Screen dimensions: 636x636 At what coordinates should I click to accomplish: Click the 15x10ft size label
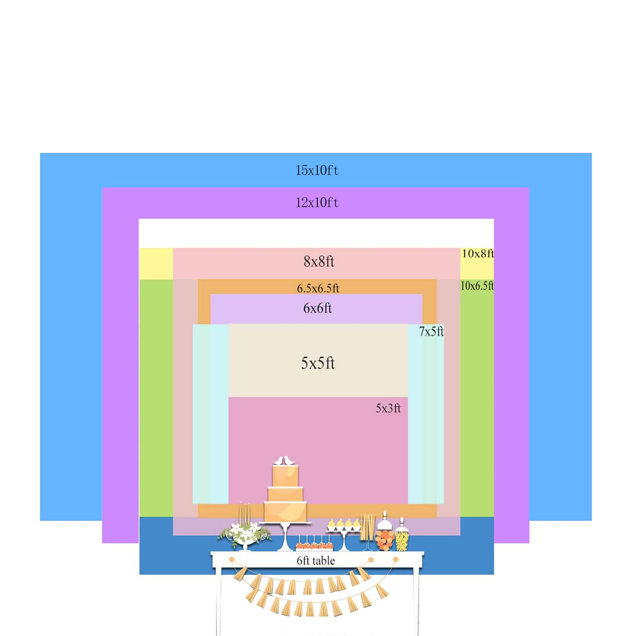click(x=317, y=171)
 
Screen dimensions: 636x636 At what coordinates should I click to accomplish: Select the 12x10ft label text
click(x=317, y=202)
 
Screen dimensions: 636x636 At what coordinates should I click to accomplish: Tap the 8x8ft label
click(x=319, y=261)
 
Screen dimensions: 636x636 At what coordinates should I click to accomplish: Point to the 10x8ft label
click(x=478, y=253)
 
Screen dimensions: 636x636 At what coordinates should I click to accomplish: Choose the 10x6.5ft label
click(x=477, y=286)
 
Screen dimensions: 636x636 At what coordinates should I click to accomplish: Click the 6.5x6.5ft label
click(x=318, y=288)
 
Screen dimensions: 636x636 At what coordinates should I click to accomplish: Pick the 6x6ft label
click(x=317, y=308)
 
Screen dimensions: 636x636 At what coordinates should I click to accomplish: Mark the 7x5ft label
click(x=431, y=332)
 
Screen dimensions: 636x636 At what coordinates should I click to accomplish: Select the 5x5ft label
click(x=318, y=363)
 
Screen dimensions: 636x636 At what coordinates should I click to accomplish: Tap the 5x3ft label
click(x=388, y=408)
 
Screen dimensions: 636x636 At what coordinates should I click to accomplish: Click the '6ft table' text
click(x=316, y=561)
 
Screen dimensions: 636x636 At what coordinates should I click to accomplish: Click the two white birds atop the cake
click(x=285, y=461)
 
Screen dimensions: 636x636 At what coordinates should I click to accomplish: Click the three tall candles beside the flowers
click(x=244, y=513)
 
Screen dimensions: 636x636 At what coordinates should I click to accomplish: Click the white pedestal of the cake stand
click(x=286, y=537)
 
